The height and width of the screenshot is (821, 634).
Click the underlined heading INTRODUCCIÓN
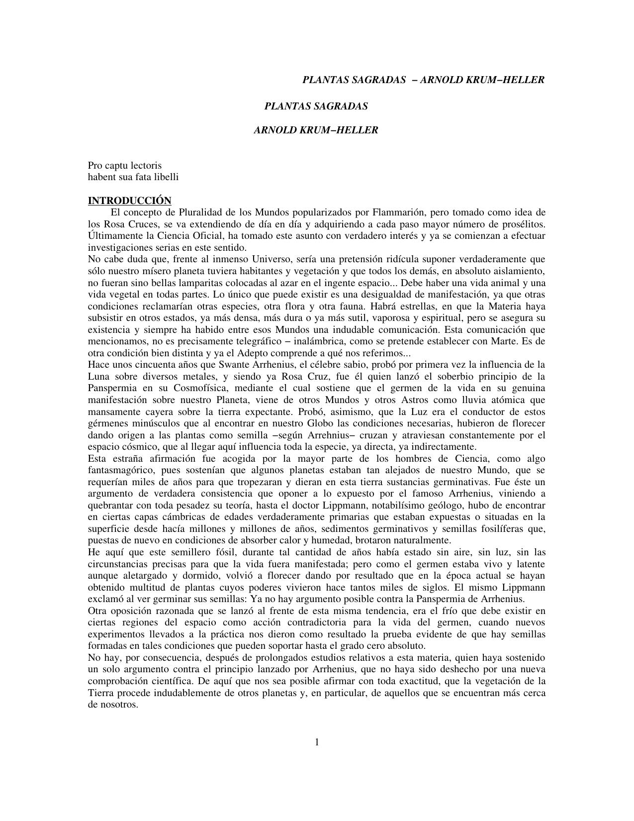click(129, 201)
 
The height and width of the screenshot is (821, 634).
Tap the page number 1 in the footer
click(317, 742)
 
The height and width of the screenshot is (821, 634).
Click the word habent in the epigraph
click(101, 177)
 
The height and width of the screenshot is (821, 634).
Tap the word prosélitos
click(525, 224)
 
